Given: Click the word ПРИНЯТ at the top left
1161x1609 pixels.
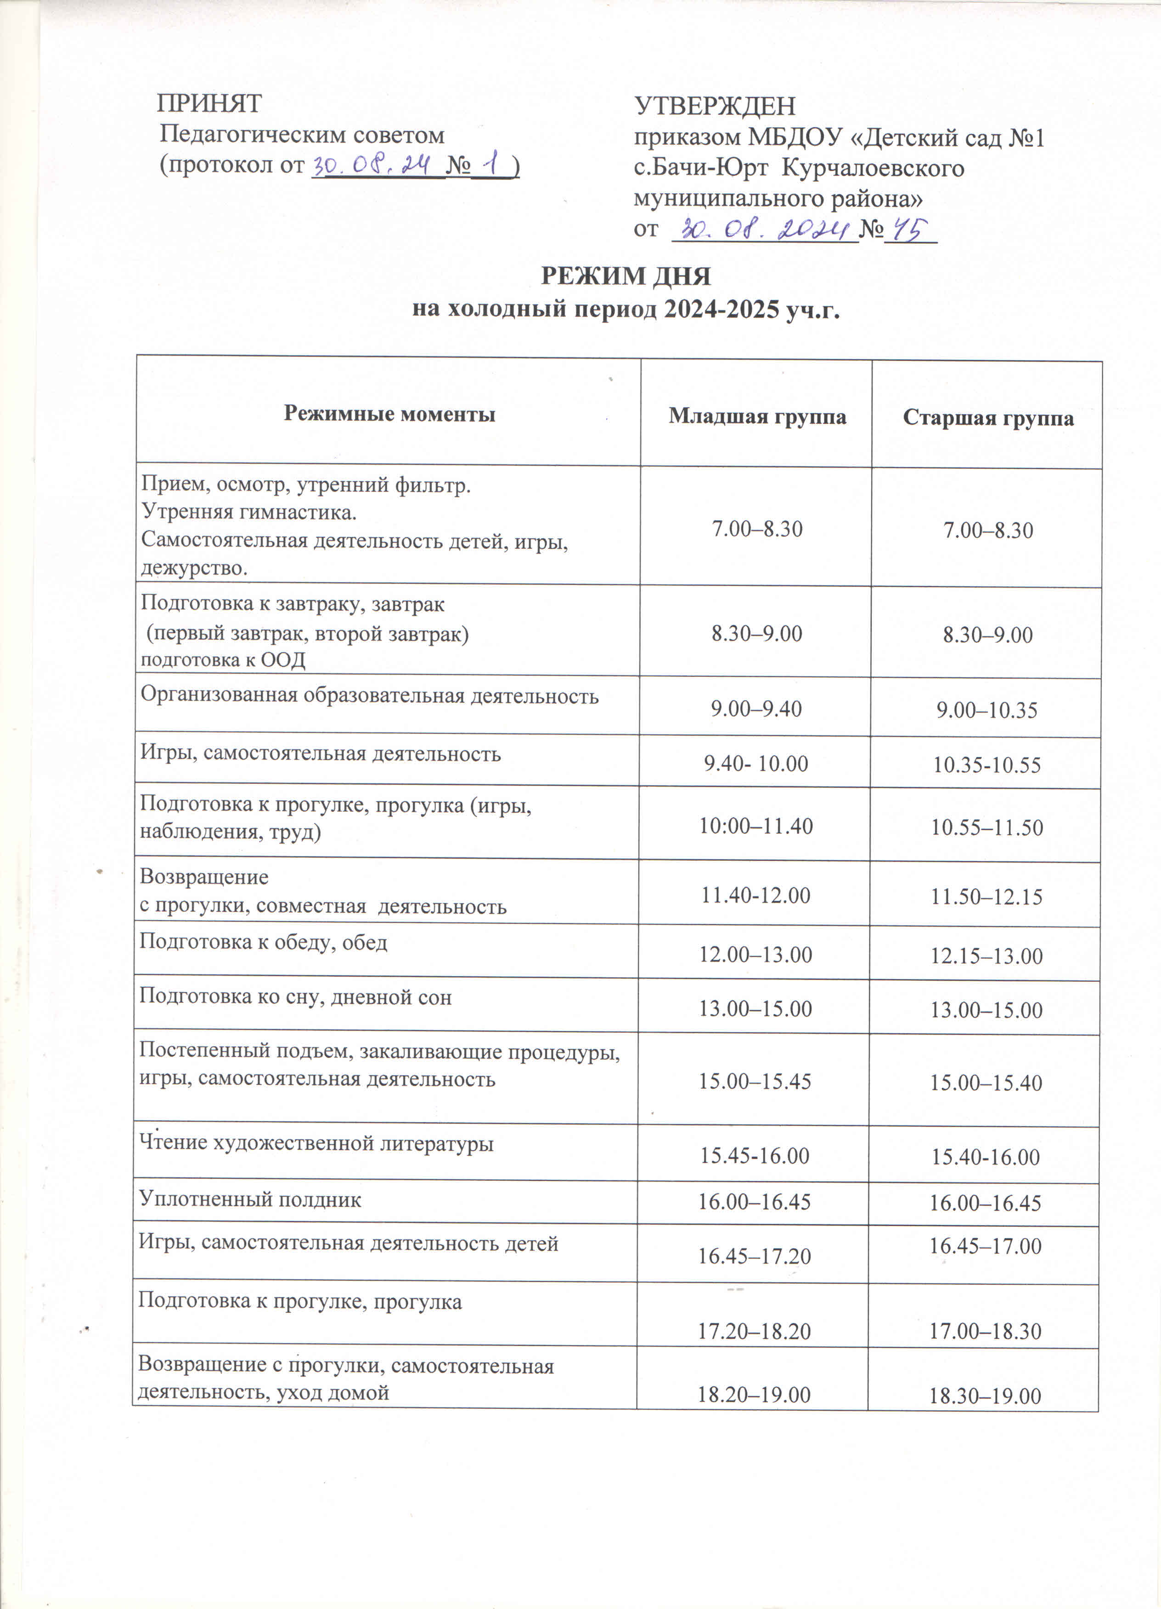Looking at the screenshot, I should [x=209, y=104].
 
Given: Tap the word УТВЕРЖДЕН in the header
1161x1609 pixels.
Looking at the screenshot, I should [x=714, y=107].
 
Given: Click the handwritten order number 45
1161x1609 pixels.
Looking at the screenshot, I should [x=909, y=230].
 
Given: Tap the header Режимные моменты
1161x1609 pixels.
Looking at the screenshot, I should [x=389, y=414].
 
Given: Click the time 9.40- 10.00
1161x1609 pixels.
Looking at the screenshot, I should [x=756, y=763].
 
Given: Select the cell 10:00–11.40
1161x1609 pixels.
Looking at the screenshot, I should [x=756, y=826].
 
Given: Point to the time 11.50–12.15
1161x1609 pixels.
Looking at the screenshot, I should [x=986, y=897].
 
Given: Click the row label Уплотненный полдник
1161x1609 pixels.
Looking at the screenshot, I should [x=250, y=1200].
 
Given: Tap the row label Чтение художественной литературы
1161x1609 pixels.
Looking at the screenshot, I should [x=316, y=1143].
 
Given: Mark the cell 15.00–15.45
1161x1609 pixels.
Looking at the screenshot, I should [x=755, y=1081].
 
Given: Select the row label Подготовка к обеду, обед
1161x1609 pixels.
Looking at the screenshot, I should [x=263, y=942].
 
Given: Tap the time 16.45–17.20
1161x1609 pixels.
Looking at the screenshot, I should [x=755, y=1256].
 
